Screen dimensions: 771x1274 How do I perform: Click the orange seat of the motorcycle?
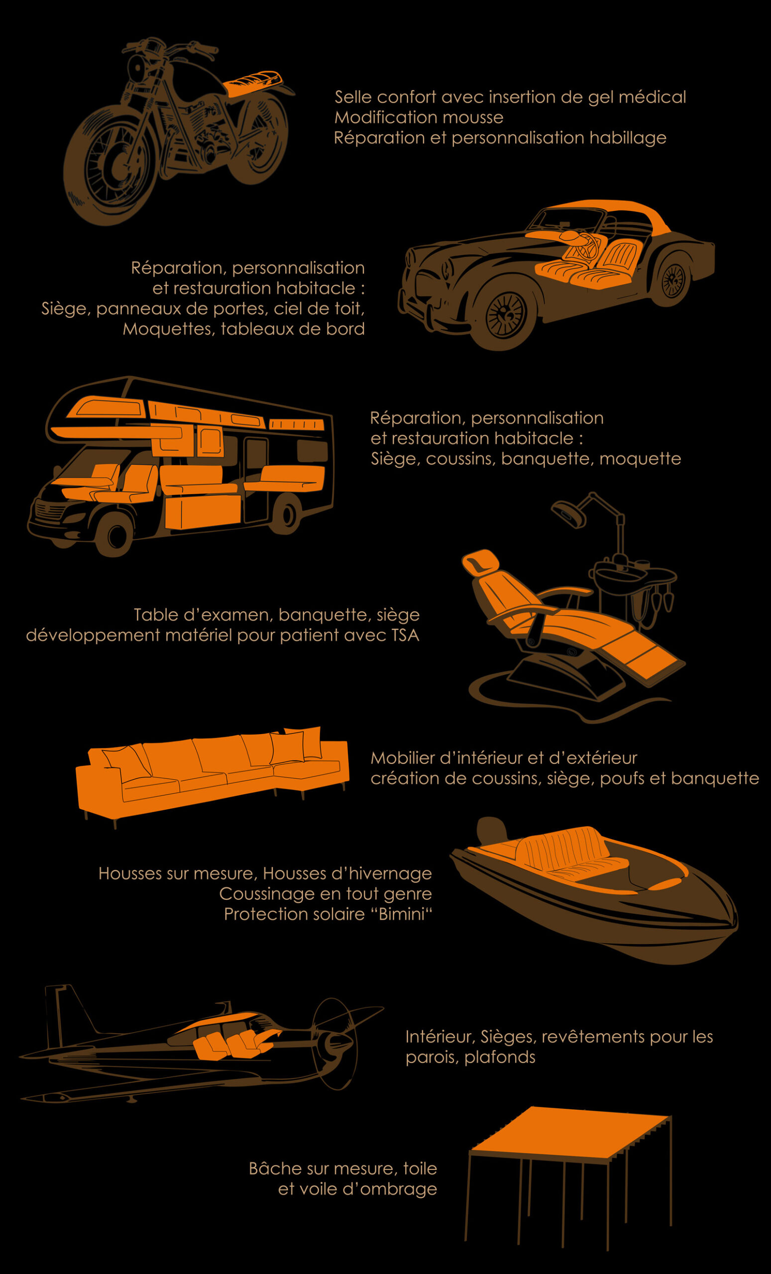pos(254,83)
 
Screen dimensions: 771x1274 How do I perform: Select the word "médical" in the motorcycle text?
pos(652,97)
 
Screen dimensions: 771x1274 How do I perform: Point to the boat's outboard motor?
pos(491,831)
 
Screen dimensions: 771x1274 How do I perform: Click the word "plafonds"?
pos(500,1058)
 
